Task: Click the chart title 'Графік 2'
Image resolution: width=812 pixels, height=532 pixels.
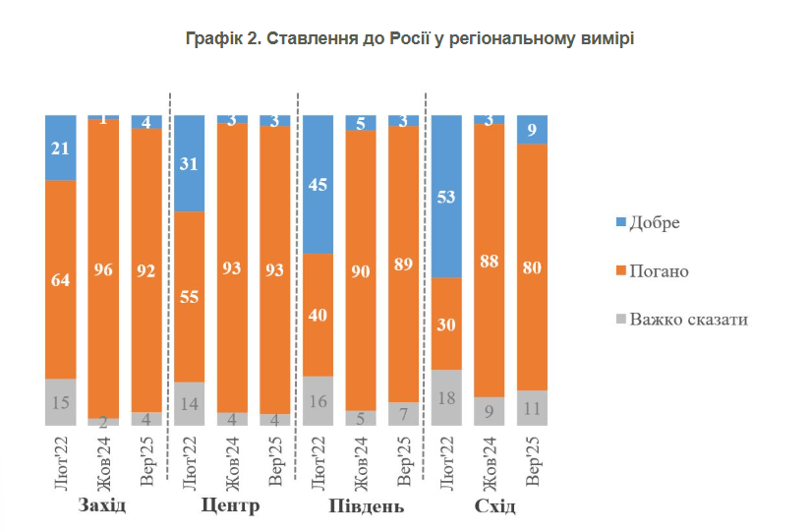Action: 410,39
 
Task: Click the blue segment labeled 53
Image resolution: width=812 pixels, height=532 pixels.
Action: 447,197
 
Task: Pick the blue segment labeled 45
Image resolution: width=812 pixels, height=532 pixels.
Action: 319,185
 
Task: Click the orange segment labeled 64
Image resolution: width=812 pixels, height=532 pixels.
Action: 61,279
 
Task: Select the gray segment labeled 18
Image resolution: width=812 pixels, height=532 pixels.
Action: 447,397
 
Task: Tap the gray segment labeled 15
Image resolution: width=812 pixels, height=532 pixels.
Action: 61,401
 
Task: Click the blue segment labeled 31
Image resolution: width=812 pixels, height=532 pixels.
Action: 190,163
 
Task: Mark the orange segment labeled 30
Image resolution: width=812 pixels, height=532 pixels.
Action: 447,324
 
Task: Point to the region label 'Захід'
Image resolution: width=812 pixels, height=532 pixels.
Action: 102,506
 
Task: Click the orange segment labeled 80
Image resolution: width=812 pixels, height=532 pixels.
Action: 532,267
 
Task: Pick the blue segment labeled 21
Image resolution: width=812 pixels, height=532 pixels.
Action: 61,148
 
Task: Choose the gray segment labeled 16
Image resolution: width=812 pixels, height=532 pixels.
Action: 319,400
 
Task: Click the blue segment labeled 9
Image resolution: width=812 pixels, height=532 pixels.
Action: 532,129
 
